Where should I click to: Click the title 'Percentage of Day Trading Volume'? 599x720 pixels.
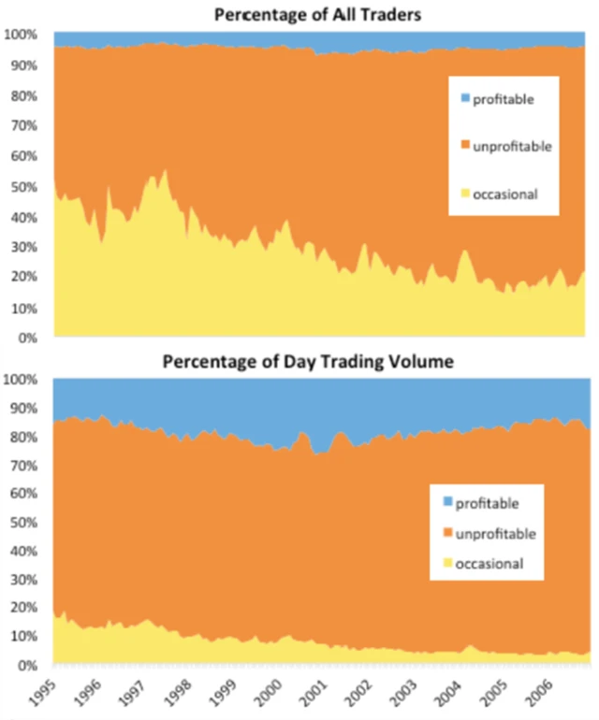point(309,361)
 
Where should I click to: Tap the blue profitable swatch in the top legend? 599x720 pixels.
point(464,98)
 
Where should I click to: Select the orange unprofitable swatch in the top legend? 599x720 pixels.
point(464,146)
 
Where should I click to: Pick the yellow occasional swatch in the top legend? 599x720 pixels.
point(464,194)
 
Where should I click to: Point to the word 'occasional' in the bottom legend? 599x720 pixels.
point(489,562)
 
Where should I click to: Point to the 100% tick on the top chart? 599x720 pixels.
point(20,35)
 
